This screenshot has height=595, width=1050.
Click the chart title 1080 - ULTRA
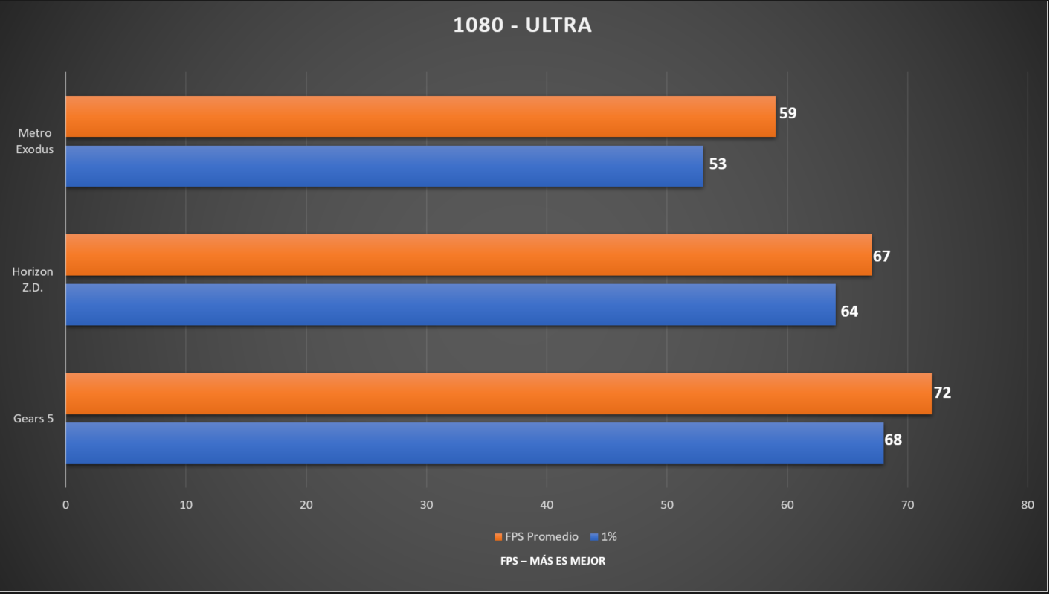[522, 25]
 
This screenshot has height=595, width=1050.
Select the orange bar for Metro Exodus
[420, 117]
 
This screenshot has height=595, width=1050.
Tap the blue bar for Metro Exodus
[384, 166]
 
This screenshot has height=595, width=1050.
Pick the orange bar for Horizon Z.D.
[468, 255]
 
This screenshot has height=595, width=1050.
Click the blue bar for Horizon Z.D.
[451, 304]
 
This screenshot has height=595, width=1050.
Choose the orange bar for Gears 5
[498, 393]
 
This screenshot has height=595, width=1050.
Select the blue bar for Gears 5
[474, 443]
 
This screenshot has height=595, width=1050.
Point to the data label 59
[787, 114]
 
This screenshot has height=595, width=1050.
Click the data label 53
[717, 164]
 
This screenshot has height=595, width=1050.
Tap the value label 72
[942, 393]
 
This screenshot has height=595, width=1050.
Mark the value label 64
[849, 312]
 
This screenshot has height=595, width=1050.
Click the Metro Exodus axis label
[35, 141]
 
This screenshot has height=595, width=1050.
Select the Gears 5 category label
[33, 419]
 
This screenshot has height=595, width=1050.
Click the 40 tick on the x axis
[547, 505]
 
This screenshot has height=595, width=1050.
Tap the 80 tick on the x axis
[1027, 505]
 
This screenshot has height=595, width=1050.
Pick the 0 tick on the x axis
[66, 505]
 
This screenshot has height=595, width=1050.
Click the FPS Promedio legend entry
[536, 536]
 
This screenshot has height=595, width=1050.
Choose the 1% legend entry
[604, 536]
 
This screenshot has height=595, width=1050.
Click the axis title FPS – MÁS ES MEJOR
[553, 561]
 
